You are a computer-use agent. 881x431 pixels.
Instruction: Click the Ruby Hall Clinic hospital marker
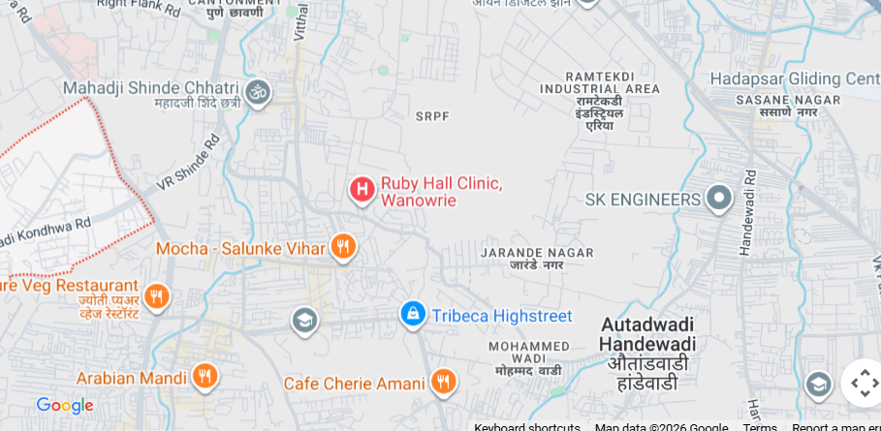pyautogui.click(x=362, y=189)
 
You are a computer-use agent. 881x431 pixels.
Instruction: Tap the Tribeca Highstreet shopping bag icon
pyautogui.click(x=413, y=314)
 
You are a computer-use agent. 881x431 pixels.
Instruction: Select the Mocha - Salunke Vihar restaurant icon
pyautogui.click(x=342, y=247)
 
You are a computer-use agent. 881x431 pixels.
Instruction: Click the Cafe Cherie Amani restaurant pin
pyautogui.click(x=443, y=382)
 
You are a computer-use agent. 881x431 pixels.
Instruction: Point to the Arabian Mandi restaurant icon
pyautogui.click(x=204, y=376)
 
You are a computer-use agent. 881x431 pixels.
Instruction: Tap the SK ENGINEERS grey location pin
pyautogui.click(x=718, y=199)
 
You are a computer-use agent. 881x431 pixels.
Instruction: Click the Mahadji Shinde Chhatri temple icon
pyautogui.click(x=257, y=93)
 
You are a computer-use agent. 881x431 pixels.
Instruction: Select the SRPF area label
pyautogui.click(x=432, y=116)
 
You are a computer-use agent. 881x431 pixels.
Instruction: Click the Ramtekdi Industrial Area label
pyautogui.click(x=599, y=88)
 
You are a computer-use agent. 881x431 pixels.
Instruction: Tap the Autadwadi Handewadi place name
pyautogui.click(x=647, y=334)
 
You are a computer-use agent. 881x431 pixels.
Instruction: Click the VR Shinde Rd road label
pyautogui.click(x=189, y=162)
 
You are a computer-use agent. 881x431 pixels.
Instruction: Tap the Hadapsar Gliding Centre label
pyautogui.click(x=794, y=78)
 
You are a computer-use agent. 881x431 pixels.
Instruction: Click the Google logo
pyautogui.click(x=64, y=405)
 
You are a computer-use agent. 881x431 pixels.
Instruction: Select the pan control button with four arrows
pyautogui.click(x=863, y=383)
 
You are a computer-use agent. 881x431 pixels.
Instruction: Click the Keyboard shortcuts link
pyautogui.click(x=526, y=426)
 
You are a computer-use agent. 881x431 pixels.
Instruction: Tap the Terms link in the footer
pyautogui.click(x=759, y=426)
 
